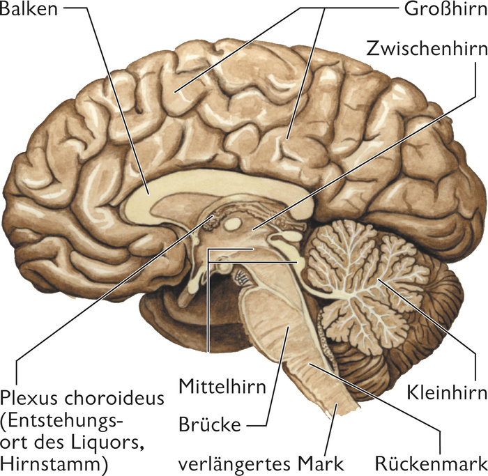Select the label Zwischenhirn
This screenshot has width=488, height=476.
pyautogui.click(x=427, y=49)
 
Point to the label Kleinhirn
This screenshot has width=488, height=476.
pyautogui.click(x=445, y=393)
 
